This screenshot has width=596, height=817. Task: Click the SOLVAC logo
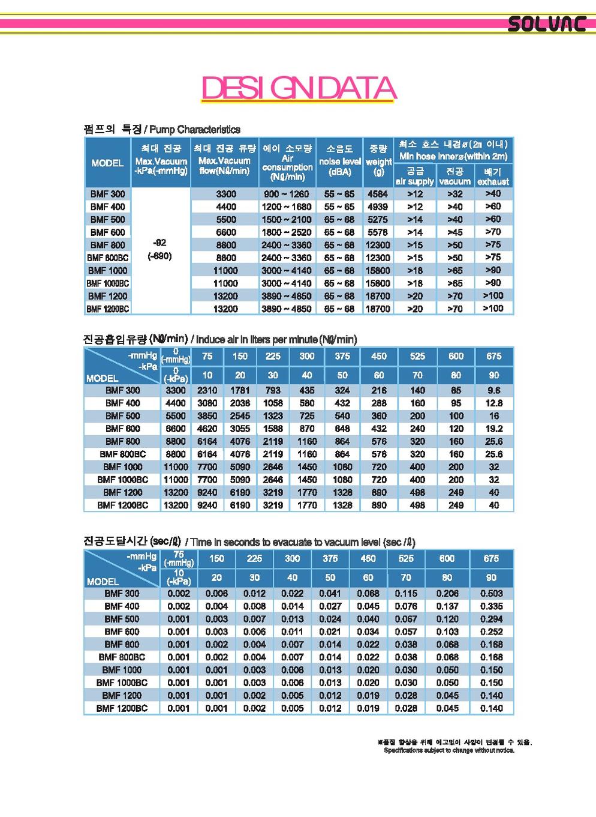(546, 24)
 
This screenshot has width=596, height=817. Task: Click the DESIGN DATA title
(298, 89)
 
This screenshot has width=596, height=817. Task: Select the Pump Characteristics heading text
(194, 130)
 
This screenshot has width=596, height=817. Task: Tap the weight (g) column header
(378, 161)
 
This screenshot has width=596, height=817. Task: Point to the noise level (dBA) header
(340, 161)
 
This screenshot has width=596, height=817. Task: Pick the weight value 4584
(378, 194)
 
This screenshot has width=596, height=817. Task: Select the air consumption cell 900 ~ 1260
(287, 194)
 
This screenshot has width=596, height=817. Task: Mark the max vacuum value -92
(159, 243)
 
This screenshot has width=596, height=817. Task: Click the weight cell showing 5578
(378, 232)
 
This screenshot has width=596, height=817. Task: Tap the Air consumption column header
(287, 162)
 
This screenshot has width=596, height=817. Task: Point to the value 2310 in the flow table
(207, 390)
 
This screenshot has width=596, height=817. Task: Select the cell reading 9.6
(493, 390)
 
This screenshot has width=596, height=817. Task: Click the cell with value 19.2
(493, 429)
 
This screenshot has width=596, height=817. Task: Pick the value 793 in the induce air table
(273, 390)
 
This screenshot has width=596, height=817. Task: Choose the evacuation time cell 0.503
(491, 594)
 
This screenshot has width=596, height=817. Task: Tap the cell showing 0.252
(491, 632)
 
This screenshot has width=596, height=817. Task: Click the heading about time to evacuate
(300, 542)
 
